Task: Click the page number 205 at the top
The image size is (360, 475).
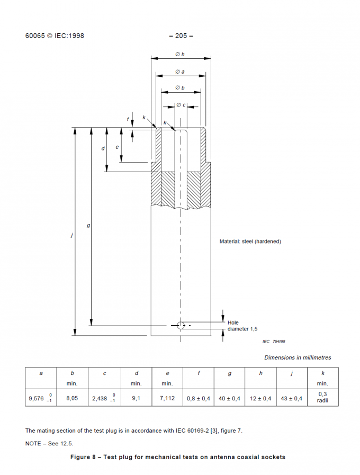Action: click(x=181, y=36)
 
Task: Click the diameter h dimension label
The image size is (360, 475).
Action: click(x=180, y=55)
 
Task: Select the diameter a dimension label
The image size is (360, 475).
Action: click(x=180, y=71)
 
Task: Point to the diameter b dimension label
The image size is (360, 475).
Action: click(x=180, y=87)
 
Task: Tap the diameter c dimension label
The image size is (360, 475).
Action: click(x=181, y=105)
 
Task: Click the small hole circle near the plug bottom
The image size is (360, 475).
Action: click(x=181, y=325)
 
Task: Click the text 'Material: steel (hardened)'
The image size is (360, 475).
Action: click(x=250, y=241)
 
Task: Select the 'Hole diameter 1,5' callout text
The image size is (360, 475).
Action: click(x=242, y=326)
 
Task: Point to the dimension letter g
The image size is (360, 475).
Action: click(x=88, y=226)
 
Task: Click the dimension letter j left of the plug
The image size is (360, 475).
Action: click(x=71, y=235)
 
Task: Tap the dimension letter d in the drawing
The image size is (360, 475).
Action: click(x=103, y=149)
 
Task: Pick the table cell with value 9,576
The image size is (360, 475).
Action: click(x=41, y=398)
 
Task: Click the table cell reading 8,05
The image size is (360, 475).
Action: click(x=72, y=398)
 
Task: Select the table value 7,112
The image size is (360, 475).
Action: click(x=167, y=398)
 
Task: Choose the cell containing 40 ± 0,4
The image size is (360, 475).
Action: click(x=229, y=398)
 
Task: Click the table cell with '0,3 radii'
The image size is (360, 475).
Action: click(x=322, y=397)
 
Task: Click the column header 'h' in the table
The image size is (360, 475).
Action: click(x=260, y=373)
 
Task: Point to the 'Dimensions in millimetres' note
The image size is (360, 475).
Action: click(x=298, y=357)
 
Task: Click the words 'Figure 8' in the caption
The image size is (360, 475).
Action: click(x=84, y=457)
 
